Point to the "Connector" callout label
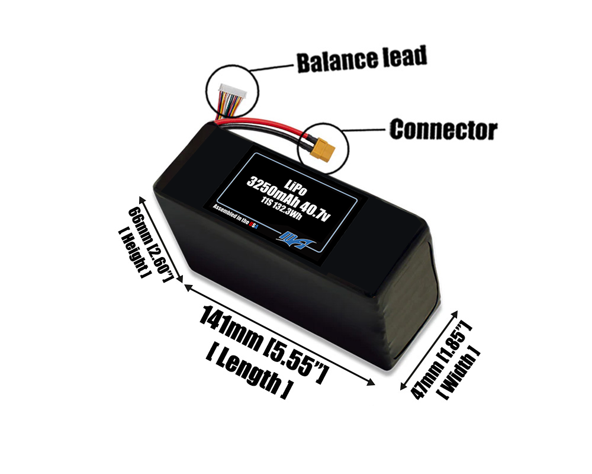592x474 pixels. pos(443,129)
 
